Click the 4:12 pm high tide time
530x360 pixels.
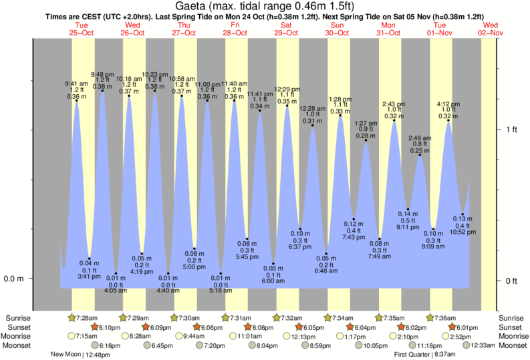(x=447, y=104)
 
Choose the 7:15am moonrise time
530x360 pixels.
(x=88, y=336)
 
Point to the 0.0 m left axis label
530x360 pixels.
(x=13, y=279)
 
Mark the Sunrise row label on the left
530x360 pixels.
(x=18, y=317)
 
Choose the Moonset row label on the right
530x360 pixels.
(x=511, y=345)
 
